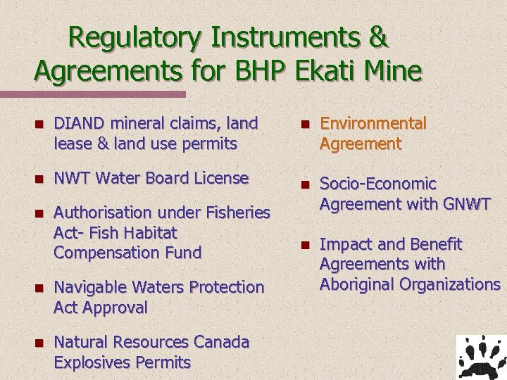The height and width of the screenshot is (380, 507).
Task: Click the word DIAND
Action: [x=76, y=124]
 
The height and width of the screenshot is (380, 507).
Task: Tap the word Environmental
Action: [x=373, y=124]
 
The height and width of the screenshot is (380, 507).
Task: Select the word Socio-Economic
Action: [x=378, y=184]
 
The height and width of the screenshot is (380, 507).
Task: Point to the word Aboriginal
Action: [x=358, y=284]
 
